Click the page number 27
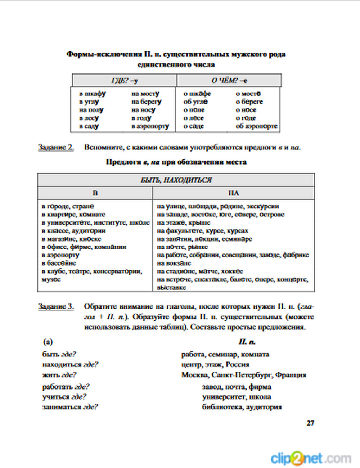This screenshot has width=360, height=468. [310, 423]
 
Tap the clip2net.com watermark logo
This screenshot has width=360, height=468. [311, 458]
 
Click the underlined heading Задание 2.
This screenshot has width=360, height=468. [56, 147]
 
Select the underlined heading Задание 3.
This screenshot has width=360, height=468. [56, 306]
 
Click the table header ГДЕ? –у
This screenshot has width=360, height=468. [124, 80]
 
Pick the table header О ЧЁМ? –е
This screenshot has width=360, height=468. [229, 80]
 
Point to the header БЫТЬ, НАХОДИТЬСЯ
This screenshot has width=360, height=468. [176, 180]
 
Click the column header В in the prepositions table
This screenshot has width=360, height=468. [95, 193]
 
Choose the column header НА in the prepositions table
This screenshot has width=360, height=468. [234, 193]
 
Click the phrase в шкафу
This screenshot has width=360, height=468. [93, 94]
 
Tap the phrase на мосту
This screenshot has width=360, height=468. [145, 94]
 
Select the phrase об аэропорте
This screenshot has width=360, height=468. [256, 126]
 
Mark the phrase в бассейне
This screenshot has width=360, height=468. [59, 263]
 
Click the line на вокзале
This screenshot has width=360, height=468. [174, 263]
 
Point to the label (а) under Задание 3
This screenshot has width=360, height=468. [48, 342]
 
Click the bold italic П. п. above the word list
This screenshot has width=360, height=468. [247, 342]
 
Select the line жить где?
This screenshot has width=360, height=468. [59, 375]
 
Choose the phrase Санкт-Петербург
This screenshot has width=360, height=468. [242, 375]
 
